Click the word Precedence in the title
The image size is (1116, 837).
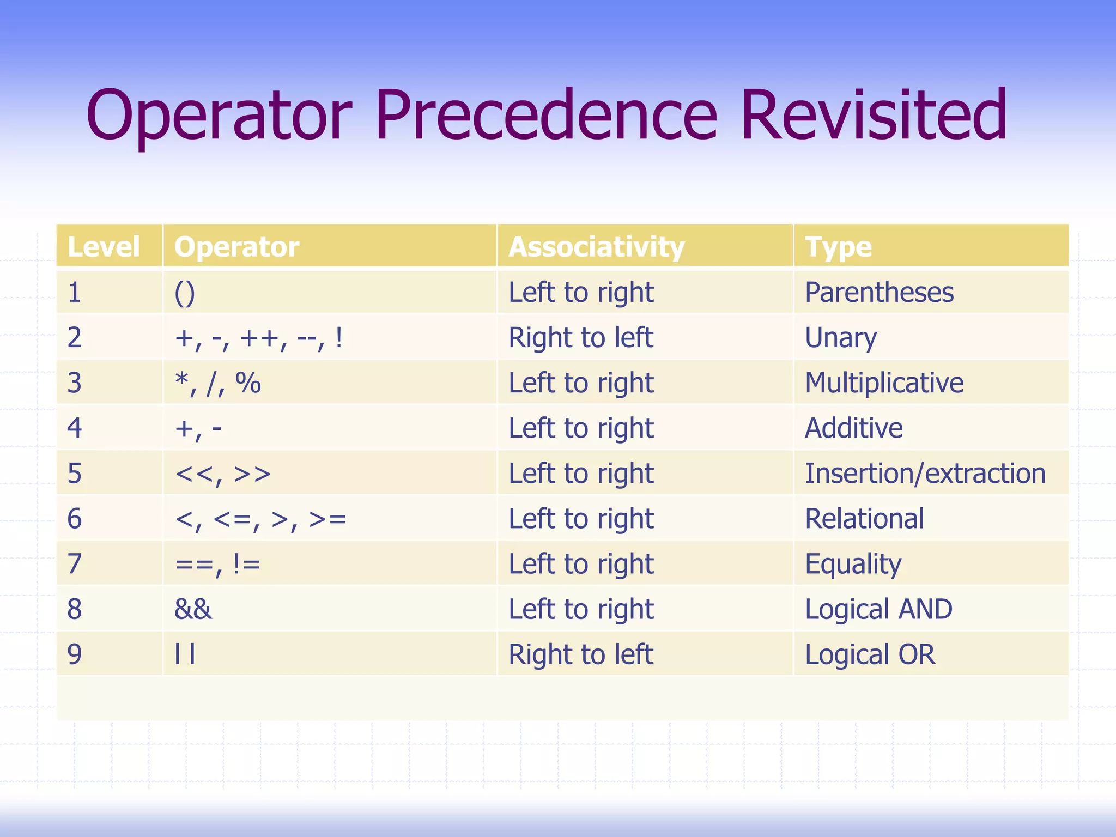546,116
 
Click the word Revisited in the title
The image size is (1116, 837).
874,116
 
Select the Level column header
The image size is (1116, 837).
104,247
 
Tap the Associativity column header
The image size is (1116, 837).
596,247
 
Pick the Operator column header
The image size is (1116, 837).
236,247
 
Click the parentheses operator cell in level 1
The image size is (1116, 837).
185,293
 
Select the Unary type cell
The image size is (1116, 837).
841,338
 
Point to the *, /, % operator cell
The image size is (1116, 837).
217,383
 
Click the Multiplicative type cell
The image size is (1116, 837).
884,383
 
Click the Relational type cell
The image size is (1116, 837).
864,519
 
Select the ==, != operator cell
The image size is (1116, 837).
217,564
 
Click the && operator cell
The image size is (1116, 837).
193,609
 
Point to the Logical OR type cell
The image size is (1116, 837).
870,654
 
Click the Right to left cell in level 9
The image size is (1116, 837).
580,654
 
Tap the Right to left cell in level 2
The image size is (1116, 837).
580,338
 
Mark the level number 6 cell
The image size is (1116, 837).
75,519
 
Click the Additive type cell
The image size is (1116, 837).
853,428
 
